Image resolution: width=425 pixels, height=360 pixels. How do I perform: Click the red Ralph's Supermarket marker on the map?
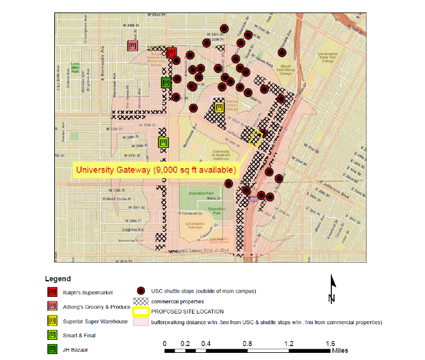tap(171, 53)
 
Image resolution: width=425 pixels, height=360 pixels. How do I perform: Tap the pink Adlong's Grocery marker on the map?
tap(133, 45)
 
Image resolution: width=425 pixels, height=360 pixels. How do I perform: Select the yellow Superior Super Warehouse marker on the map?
tap(219, 107)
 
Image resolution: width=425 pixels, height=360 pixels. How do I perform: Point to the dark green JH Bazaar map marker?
tap(166, 83)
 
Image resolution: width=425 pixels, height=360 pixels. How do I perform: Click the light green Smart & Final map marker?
tap(163, 142)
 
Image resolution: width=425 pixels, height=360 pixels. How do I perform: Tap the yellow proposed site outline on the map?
tap(256, 138)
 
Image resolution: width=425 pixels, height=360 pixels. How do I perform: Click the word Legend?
tap(58, 278)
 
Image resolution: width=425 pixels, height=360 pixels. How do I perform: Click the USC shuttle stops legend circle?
tap(141, 290)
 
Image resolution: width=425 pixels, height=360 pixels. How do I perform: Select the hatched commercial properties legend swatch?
tap(141, 301)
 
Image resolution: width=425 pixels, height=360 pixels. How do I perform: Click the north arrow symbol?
tap(332, 289)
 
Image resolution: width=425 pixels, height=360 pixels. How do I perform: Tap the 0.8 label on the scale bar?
tap(247, 344)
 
